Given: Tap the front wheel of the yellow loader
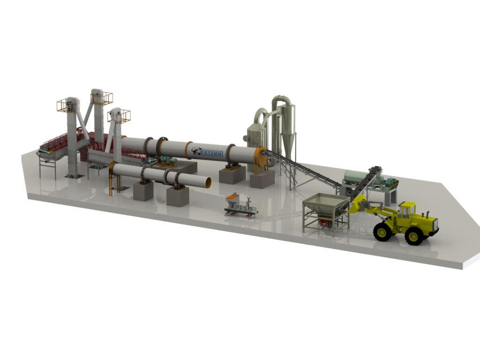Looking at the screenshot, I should (382, 232).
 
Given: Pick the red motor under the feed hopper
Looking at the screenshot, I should (324, 223).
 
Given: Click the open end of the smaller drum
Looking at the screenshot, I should (207, 182).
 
